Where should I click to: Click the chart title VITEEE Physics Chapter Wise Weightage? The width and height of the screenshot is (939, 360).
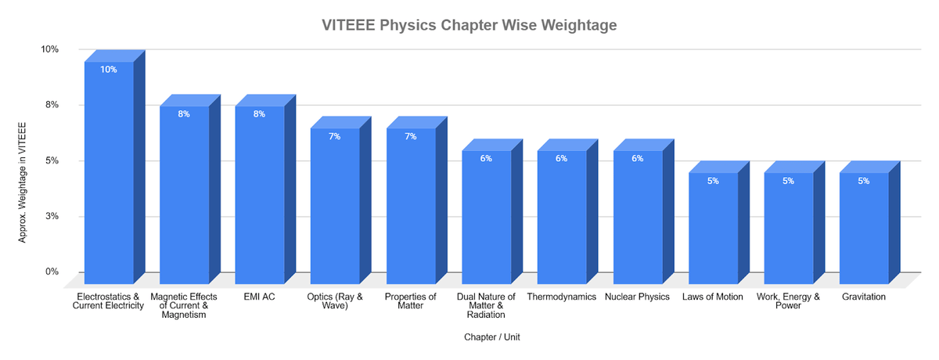coord(469,25)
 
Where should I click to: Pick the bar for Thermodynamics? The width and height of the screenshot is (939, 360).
coord(561,219)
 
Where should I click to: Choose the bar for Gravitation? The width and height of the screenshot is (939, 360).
coord(864,231)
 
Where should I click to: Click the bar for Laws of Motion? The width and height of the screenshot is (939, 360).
coord(712,231)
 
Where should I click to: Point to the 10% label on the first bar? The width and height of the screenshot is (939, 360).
coord(108,70)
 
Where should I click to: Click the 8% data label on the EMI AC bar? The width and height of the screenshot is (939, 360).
coord(259,114)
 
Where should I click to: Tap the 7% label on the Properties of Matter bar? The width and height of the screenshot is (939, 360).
coord(410,136)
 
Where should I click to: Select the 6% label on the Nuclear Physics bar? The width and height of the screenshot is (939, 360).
coord(637,158)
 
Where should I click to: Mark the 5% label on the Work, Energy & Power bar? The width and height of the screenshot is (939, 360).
coord(788,181)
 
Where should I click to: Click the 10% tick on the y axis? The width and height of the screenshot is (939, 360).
coord(49,49)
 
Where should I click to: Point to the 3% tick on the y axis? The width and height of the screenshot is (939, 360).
coord(52,216)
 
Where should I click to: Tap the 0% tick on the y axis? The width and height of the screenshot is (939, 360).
coord(52,272)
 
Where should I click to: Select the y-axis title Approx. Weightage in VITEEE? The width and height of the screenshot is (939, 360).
coord(23,182)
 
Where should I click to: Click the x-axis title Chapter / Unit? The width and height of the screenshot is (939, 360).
coord(491,337)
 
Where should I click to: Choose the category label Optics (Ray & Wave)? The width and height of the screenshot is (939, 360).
coord(334,301)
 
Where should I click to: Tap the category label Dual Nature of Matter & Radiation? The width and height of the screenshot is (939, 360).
coord(485,306)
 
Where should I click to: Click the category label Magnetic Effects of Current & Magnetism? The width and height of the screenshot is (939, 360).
coord(183,306)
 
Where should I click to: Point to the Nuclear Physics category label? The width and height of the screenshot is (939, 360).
coord(637,297)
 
